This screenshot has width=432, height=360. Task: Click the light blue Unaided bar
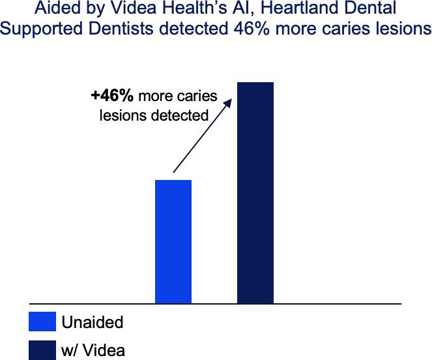point(173,242)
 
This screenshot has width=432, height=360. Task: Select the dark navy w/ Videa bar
point(255,193)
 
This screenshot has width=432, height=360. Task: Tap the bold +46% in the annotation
point(112,96)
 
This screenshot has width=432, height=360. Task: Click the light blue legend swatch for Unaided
point(42,322)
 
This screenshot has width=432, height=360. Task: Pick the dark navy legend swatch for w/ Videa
point(42,350)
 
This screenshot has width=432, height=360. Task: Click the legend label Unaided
point(93,322)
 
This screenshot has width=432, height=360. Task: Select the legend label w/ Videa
point(93,350)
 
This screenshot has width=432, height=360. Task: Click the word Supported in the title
point(41,29)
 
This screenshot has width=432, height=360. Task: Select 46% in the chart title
point(252,29)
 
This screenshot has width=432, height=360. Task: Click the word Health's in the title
point(192,8)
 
